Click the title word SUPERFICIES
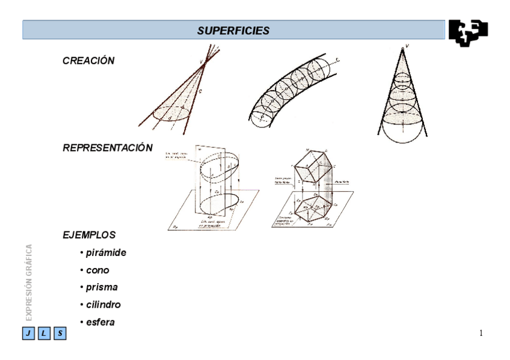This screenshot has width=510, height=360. (x=234, y=30)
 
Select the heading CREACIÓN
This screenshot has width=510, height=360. (x=88, y=61)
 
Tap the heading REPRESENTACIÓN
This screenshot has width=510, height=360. (x=108, y=148)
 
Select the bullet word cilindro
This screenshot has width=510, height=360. (x=103, y=305)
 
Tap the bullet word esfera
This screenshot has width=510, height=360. (x=100, y=323)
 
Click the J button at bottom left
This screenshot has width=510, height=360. (x=28, y=333)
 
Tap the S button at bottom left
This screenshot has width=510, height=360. (x=60, y=333)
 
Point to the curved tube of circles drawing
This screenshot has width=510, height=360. (x=292, y=90)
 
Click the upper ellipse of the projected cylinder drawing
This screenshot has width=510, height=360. (x=218, y=165)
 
